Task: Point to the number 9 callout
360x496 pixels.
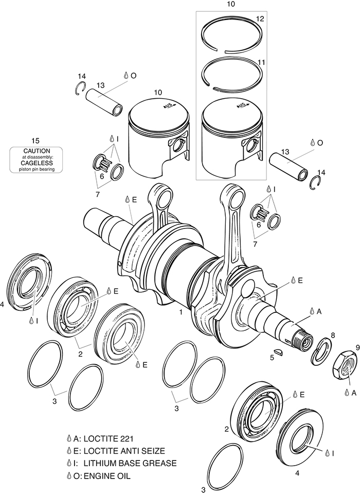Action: pyautogui.click(x=344, y=347)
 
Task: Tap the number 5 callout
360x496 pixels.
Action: pyautogui.click(x=272, y=358)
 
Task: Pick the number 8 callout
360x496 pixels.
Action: pyautogui.click(x=333, y=335)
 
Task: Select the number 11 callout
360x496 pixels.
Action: pyautogui.click(x=261, y=62)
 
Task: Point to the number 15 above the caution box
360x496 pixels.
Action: pyautogui.click(x=35, y=140)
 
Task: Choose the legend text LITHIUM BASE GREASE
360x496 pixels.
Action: pyautogui.click(x=130, y=464)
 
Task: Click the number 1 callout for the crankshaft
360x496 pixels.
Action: pyautogui.click(x=181, y=312)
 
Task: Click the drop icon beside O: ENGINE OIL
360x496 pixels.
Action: pyautogui.click(x=69, y=475)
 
